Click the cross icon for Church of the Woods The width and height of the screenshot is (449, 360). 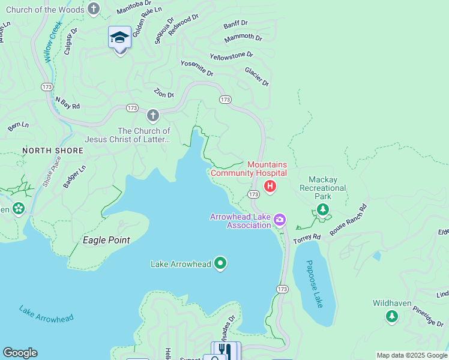[x=93, y=9]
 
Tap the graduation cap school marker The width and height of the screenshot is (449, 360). [x=120, y=38]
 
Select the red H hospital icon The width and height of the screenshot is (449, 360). [x=270, y=187]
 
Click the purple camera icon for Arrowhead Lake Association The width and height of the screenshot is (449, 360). [x=279, y=220]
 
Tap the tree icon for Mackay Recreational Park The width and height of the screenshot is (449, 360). [x=323, y=209]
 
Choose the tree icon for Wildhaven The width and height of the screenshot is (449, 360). [x=392, y=316]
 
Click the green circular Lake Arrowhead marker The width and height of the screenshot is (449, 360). [x=220, y=263]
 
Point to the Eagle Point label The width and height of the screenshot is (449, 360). [x=106, y=240]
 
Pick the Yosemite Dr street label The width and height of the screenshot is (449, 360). [x=197, y=68]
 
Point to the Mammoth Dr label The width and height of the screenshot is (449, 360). [x=243, y=38]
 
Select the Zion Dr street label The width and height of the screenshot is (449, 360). [x=164, y=94]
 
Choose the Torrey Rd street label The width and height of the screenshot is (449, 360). [x=307, y=238]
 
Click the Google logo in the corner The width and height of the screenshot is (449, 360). [x=20, y=353]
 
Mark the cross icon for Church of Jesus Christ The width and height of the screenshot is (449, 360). [x=153, y=115]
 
